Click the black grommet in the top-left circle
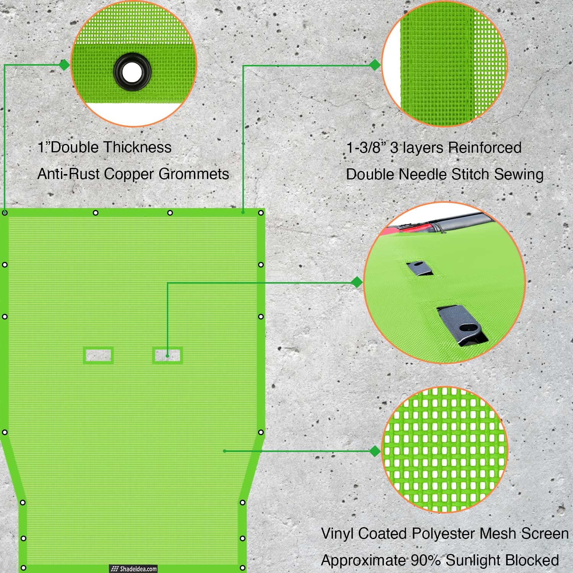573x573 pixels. click(132, 71)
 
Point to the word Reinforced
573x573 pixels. click(484, 147)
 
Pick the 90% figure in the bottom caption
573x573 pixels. click(426, 560)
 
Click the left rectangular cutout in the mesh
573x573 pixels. click(98, 355)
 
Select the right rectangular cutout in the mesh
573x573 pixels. click(168, 355)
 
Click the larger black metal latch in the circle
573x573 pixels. click(462, 325)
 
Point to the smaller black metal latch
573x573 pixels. click(419, 268)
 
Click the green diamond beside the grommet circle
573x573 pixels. click(64, 65)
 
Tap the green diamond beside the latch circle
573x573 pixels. click(357, 282)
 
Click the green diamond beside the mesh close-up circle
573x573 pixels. click(375, 451)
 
